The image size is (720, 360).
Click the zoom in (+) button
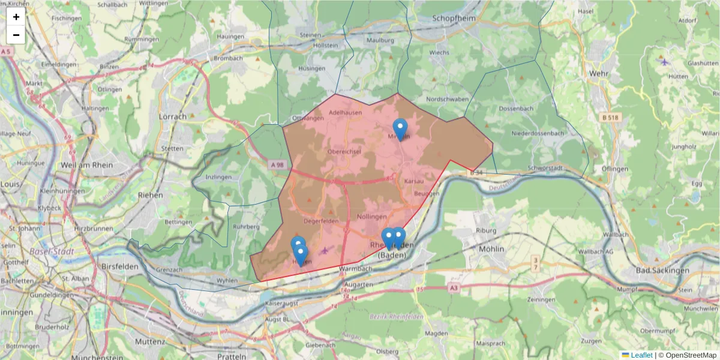(x=16, y=17)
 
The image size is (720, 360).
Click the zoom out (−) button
(x=16, y=35)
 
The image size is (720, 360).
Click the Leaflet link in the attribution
(x=641, y=355)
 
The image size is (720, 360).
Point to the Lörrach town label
(x=173, y=116)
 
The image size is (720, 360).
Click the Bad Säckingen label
(x=662, y=271)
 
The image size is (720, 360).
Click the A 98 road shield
(x=277, y=165)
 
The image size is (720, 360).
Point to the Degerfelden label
(x=322, y=221)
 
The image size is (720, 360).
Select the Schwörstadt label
(x=545, y=168)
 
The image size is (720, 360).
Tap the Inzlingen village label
(x=218, y=178)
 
